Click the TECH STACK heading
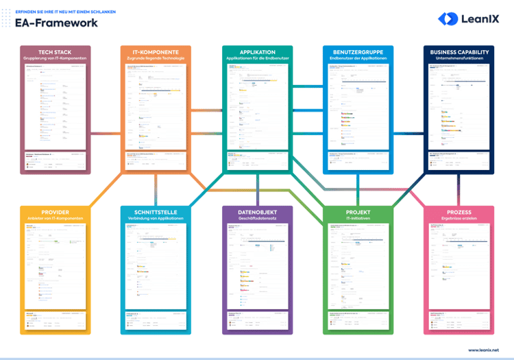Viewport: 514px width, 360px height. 55,52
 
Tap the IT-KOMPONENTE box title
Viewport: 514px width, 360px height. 156,52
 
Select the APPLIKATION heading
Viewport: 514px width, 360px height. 258,52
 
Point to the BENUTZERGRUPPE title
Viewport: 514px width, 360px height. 358,52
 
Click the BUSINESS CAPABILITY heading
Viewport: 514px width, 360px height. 459,52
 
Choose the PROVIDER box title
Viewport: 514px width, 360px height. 55,213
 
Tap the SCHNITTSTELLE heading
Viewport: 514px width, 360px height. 156,213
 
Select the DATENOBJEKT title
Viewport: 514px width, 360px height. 258,213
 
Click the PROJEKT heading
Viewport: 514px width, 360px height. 358,213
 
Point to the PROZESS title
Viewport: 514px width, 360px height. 459,213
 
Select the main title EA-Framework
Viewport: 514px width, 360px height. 56,23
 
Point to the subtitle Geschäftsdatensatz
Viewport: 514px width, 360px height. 258,219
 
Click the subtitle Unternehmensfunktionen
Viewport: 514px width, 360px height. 459,58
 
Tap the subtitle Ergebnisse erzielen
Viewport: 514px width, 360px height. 459,219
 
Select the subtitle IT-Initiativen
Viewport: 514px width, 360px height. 358,219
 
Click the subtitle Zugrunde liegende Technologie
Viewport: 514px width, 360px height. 156,58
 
